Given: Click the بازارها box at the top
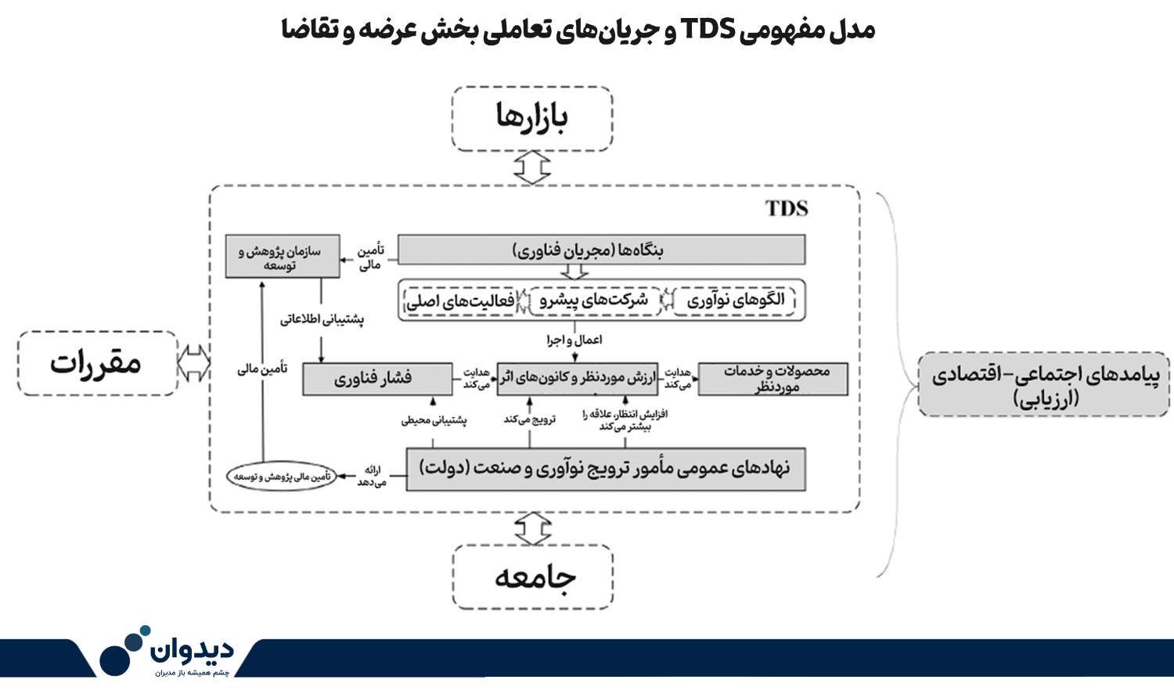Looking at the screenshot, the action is coord(532,119).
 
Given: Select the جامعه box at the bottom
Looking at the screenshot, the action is coord(532,577).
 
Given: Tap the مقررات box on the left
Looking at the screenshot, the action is coord(98,363).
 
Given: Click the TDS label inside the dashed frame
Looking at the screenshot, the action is coord(786,208).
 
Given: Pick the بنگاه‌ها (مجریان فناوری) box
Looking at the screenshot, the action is coord(601,250).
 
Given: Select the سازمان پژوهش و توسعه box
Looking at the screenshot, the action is coord(283,256).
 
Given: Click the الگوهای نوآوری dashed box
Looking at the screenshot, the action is coord(734,300).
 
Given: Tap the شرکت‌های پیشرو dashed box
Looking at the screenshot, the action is coord(595,300).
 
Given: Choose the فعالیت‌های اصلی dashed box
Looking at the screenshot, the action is coord(460,301).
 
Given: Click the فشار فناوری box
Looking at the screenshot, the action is coord(377,379).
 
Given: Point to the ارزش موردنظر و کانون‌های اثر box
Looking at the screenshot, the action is coord(577,379).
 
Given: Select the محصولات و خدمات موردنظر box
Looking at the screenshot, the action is coord(773,379).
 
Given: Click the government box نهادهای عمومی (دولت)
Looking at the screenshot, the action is coord(606,469).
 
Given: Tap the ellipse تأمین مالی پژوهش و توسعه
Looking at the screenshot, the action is coord(282,476).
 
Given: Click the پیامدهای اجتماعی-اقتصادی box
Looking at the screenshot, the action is coord(1044,385).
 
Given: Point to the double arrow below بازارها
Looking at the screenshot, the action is coord(532,167).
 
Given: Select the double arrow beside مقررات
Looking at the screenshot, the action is coord(194,363).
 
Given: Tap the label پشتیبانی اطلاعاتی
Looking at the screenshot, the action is coord(322,319).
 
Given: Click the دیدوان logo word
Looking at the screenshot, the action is coord(192,649).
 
